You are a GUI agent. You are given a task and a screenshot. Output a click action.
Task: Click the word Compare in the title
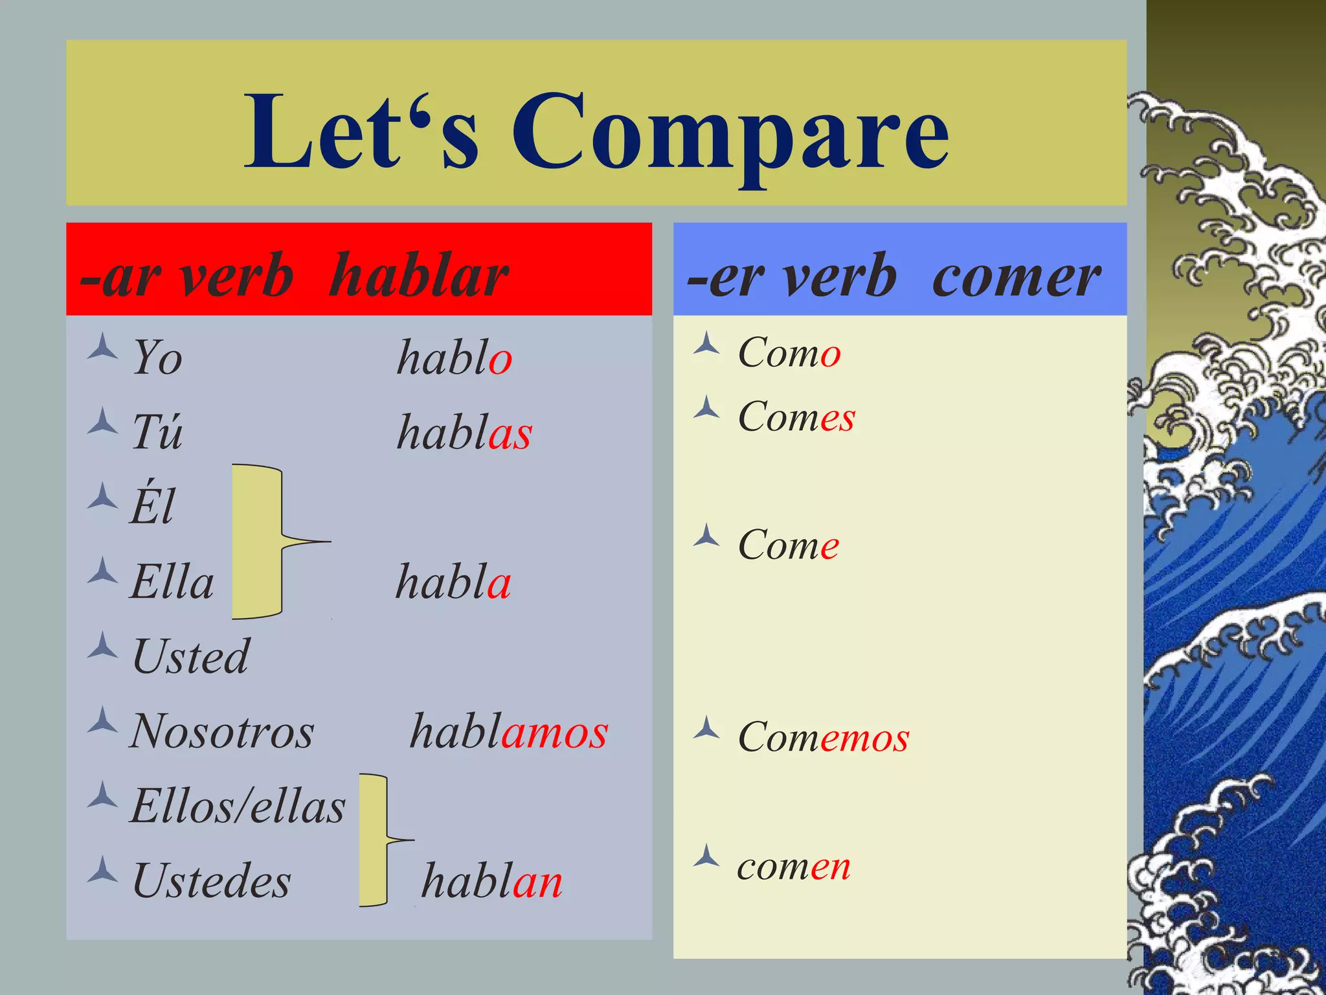(x=730, y=133)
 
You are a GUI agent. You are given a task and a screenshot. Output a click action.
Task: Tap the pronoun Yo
(x=157, y=358)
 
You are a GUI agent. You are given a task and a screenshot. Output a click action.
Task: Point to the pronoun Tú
(x=157, y=432)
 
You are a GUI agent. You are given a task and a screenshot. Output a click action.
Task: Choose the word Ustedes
(x=211, y=882)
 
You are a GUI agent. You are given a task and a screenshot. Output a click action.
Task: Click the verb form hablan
(x=492, y=882)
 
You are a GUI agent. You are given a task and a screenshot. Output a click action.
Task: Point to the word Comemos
(x=824, y=737)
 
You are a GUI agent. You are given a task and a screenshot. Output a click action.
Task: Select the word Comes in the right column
(x=796, y=417)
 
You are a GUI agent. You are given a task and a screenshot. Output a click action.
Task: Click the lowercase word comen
(x=794, y=866)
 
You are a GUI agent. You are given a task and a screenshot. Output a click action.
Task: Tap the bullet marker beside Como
(x=706, y=344)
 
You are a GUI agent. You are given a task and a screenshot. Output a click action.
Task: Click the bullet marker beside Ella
(x=103, y=571)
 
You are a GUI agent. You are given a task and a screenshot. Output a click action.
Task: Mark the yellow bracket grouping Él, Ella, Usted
(x=258, y=542)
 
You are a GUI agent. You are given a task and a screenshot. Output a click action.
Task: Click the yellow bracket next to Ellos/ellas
(x=374, y=840)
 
